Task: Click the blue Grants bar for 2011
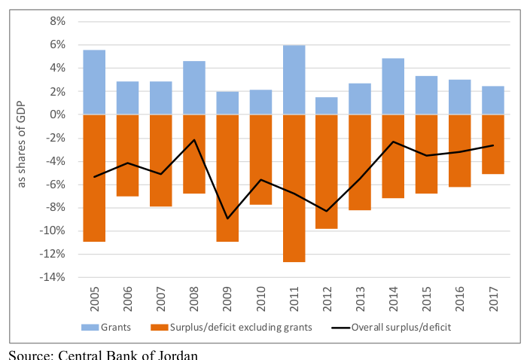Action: tap(294, 80)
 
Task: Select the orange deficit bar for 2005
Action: tap(94, 178)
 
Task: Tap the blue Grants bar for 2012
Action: tap(327, 105)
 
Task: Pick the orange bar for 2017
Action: tap(493, 145)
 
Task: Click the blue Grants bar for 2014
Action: tap(393, 87)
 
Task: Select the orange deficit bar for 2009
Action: tap(227, 178)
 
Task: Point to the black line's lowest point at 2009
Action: tap(227, 218)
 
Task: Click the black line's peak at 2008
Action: tap(194, 139)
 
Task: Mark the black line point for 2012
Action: tap(327, 212)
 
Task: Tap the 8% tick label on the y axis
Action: tap(57, 21)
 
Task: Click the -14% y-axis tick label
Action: tap(53, 277)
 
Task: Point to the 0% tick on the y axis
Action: tap(57, 114)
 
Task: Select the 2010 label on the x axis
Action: tap(261, 299)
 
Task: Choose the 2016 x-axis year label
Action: tap(460, 299)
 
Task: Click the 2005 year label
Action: tap(95, 299)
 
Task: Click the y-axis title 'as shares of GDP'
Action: tap(21, 145)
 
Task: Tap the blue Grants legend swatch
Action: tap(90, 327)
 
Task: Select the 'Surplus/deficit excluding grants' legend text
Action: tap(241, 327)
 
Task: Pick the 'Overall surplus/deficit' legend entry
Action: tap(391, 327)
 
